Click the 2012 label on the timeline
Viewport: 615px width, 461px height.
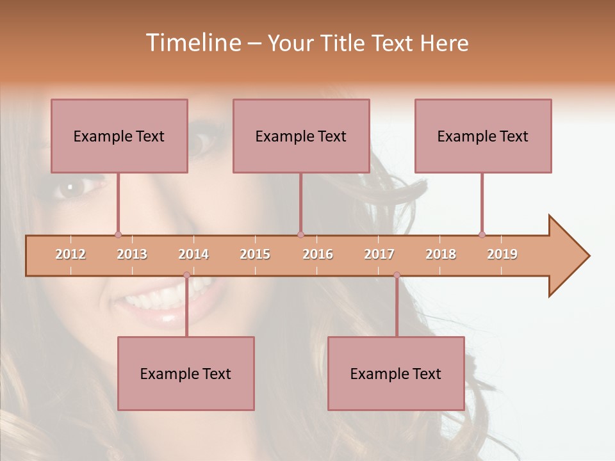pyautogui.click(x=70, y=254)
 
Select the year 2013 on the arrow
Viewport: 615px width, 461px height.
pyautogui.click(x=132, y=254)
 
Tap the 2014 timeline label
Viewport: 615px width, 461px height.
pyautogui.click(x=193, y=254)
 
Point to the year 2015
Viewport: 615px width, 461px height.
pyautogui.click(x=255, y=254)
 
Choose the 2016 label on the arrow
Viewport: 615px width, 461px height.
pyautogui.click(x=318, y=254)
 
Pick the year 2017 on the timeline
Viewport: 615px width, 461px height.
pyautogui.click(x=379, y=254)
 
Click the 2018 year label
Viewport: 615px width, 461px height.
pyautogui.click(x=441, y=254)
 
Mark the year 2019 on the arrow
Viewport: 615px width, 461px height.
pyautogui.click(x=502, y=254)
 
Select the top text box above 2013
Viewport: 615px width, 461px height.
pyautogui.click(x=119, y=136)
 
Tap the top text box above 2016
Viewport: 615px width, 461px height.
pyautogui.click(x=301, y=136)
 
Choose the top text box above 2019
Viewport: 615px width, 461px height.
pyautogui.click(x=483, y=136)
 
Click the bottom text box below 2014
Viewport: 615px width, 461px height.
pyautogui.click(x=186, y=373)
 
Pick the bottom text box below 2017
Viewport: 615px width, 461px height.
pyautogui.click(x=396, y=373)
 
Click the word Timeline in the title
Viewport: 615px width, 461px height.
pyautogui.click(x=193, y=43)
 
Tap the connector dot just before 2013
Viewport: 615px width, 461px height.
pyautogui.click(x=118, y=234)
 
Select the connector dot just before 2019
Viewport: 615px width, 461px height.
pyautogui.click(x=482, y=234)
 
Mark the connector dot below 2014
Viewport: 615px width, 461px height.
pyautogui.click(x=186, y=275)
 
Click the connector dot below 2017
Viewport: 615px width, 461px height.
pyautogui.click(x=397, y=275)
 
